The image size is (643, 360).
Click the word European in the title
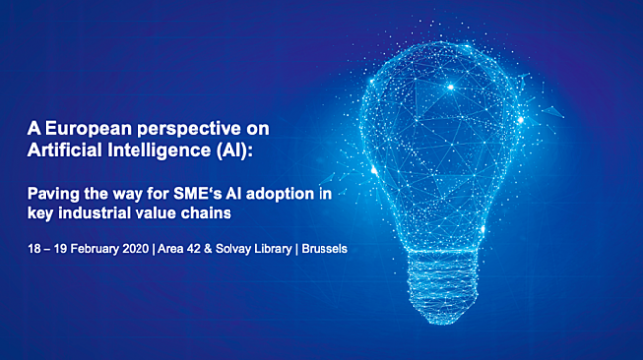pyautogui.click(x=88, y=129)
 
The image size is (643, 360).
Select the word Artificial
pyautogui.click(x=64, y=150)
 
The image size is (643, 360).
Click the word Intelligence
pyautogui.click(x=159, y=151)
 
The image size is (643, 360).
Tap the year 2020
pyautogui.click(x=136, y=249)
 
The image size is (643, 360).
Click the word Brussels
pyautogui.click(x=324, y=249)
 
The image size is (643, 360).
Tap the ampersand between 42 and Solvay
pyautogui.click(x=208, y=249)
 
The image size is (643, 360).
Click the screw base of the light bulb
pyautogui.click(x=442, y=288)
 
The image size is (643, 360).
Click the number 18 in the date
pyautogui.click(x=34, y=249)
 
